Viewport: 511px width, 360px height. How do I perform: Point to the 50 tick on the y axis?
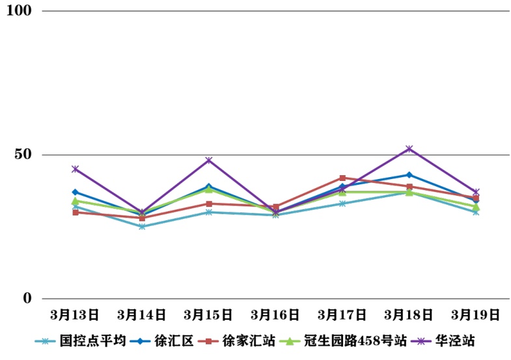click(x=23, y=155)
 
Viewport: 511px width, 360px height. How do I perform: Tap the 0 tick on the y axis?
click(x=27, y=299)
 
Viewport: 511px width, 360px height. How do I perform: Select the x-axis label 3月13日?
click(x=76, y=315)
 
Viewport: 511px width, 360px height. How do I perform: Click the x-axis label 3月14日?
click(x=142, y=315)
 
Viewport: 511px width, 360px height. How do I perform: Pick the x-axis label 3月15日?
click(x=209, y=315)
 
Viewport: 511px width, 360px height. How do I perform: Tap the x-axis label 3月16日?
click(x=275, y=315)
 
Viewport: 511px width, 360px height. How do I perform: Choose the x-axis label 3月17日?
click(x=342, y=315)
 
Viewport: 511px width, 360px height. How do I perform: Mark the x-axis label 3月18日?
click(x=409, y=315)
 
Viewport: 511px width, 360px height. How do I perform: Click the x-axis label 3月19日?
click(x=476, y=315)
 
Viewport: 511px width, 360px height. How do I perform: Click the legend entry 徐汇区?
click(x=174, y=340)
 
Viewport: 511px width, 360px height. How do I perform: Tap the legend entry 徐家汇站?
click(x=248, y=340)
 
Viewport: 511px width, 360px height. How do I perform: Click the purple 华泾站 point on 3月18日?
click(x=409, y=149)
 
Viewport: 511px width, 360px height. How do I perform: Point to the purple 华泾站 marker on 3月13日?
click(x=76, y=169)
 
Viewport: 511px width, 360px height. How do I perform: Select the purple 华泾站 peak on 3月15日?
click(x=209, y=160)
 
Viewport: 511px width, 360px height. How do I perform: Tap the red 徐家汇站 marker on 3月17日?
click(x=342, y=178)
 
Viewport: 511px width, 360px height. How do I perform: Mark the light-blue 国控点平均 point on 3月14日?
click(x=142, y=227)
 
